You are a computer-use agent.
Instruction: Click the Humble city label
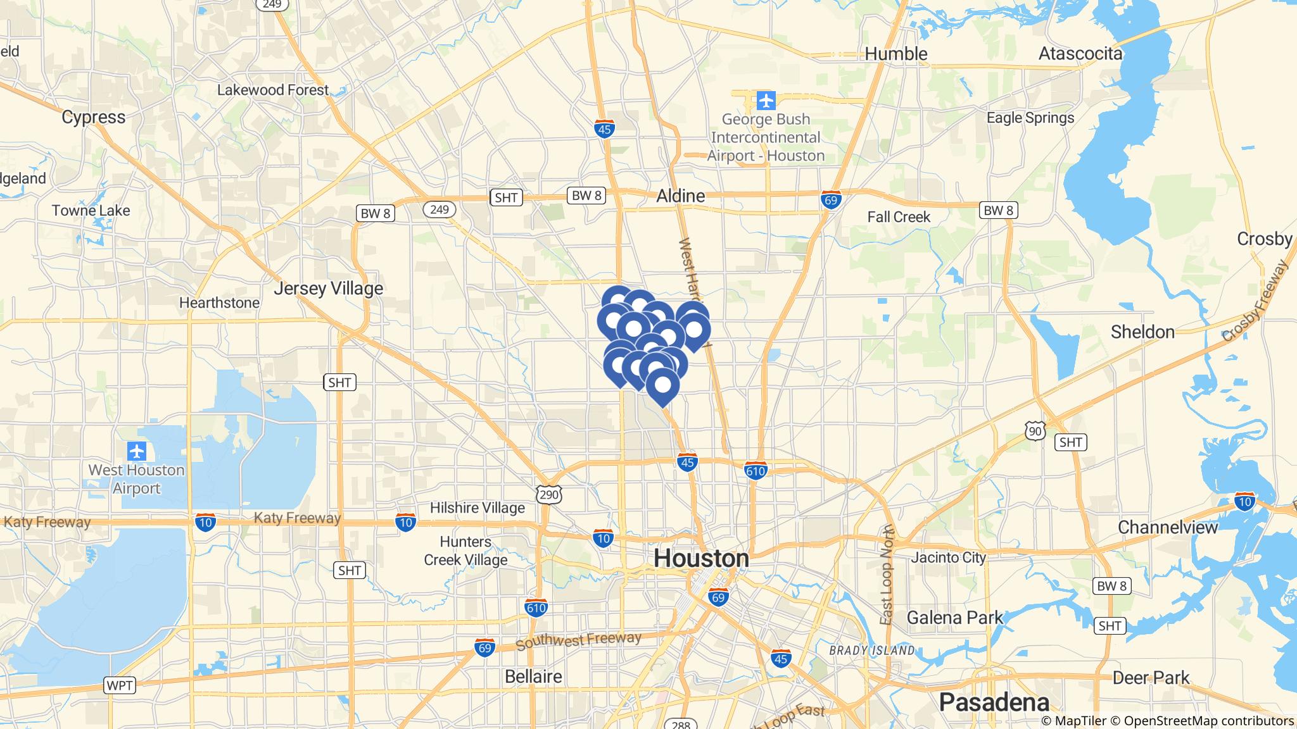[x=896, y=54]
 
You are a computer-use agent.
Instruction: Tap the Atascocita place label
[x=1080, y=54]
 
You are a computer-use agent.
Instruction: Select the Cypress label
[x=94, y=117]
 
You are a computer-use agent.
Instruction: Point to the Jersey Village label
[x=329, y=289]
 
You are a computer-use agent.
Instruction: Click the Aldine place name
[x=681, y=196]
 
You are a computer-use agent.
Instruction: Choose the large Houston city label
[x=701, y=558]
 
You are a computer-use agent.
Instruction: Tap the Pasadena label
[x=994, y=702]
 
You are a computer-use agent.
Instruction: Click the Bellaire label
[x=533, y=676]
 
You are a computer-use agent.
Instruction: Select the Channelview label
[x=1168, y=527]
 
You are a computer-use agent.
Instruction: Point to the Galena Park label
[x=955, y=617]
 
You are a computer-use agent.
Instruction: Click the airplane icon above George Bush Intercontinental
[x=766, y=100]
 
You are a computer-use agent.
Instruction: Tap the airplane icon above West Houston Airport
[x=137, y=452]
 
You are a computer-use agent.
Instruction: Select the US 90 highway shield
[x=1035, y=430]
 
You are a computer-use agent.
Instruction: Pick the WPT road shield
[x=119, y=685]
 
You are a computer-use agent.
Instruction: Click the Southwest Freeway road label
[x=578, y=641]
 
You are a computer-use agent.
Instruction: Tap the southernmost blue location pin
[x=662, y=386]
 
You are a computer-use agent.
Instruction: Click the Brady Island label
[x=871, y=650]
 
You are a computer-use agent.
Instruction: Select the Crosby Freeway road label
[x=1255, y=302]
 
